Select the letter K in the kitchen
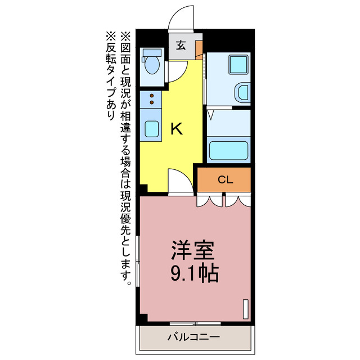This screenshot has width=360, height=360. pos(176,129)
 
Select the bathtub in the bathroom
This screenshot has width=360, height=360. pos(228,151)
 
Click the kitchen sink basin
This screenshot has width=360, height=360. pos(151,129)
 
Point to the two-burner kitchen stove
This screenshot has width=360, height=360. pos(151,100)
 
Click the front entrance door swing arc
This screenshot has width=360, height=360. pos(182,16)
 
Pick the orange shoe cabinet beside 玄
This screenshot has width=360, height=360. pos(199,49)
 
